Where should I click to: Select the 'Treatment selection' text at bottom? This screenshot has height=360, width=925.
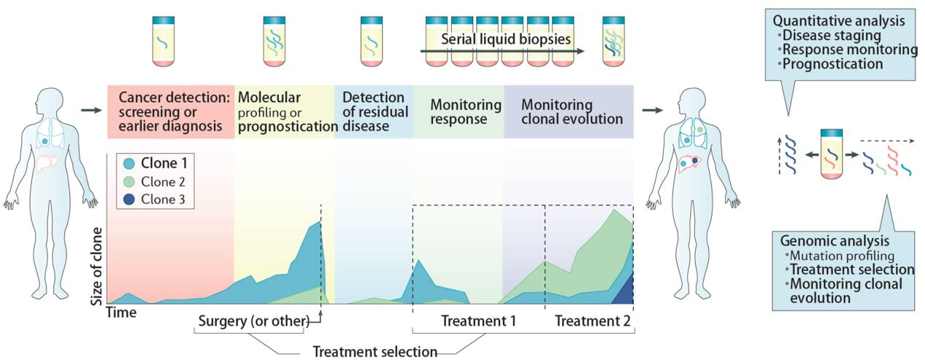[375, 351]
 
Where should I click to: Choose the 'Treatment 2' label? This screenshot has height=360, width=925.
[591, 321]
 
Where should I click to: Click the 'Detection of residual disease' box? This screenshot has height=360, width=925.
[373, 112]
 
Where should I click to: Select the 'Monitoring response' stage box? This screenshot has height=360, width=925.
[458, 112]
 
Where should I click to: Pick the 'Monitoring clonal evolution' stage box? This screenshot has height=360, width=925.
[567, 112]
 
